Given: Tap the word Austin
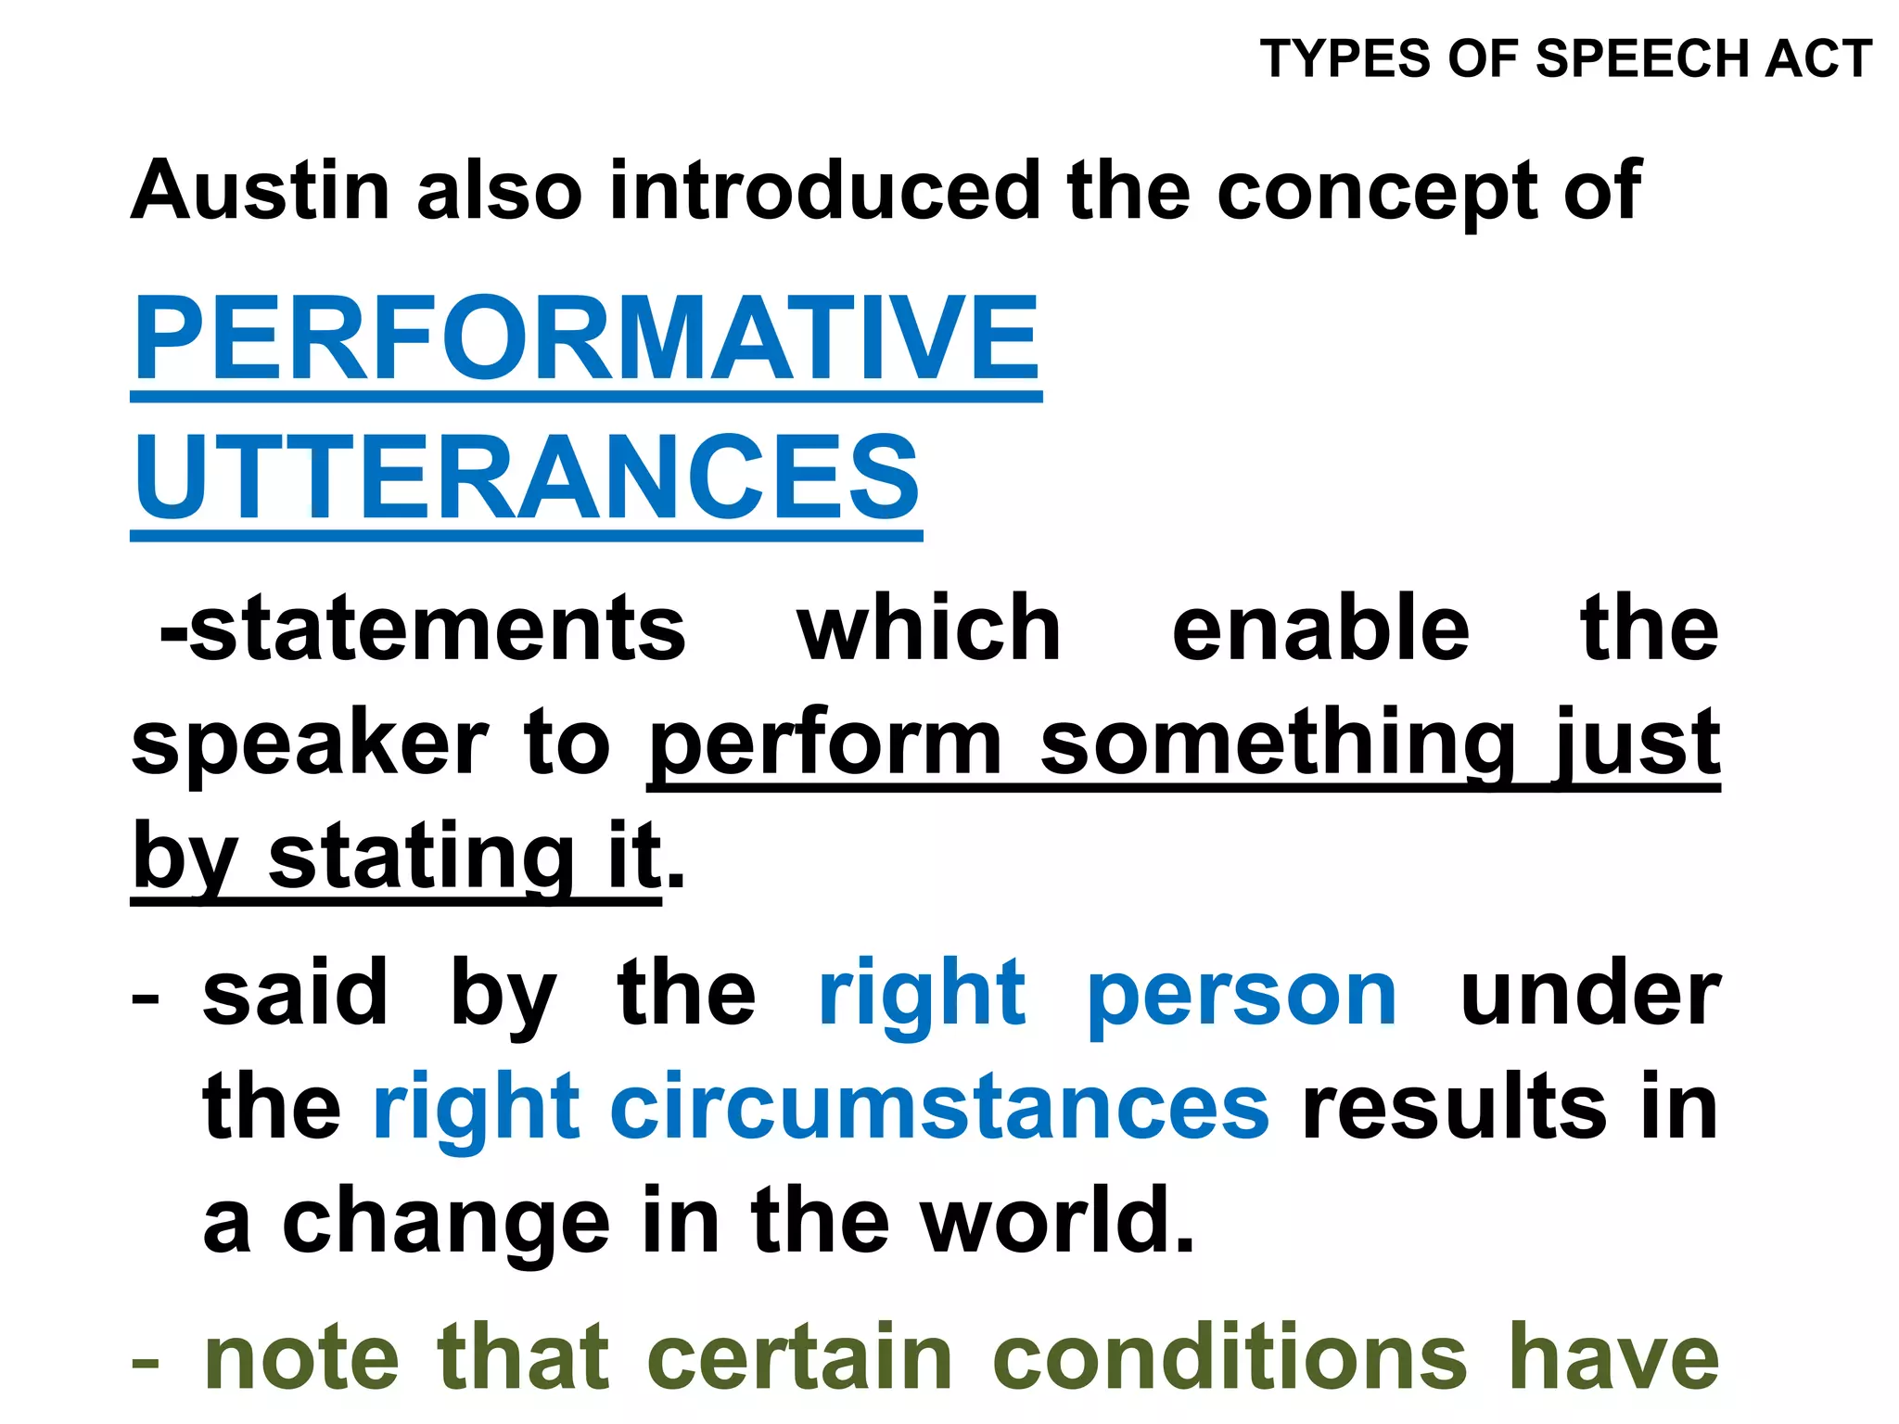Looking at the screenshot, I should click(261, 191).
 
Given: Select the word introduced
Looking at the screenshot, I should click(824, 191).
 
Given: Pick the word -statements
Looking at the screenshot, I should click(422, 629).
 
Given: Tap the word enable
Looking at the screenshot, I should click(1320, 629).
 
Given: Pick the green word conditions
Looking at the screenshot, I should click(1230, 1359).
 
